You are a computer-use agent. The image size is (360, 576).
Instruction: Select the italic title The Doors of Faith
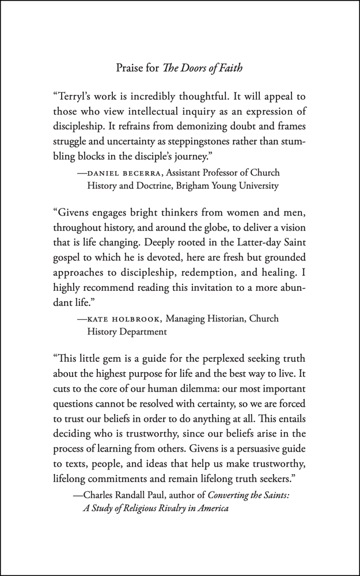pos(205,68)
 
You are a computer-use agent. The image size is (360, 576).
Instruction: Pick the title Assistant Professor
pos(205,173)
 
